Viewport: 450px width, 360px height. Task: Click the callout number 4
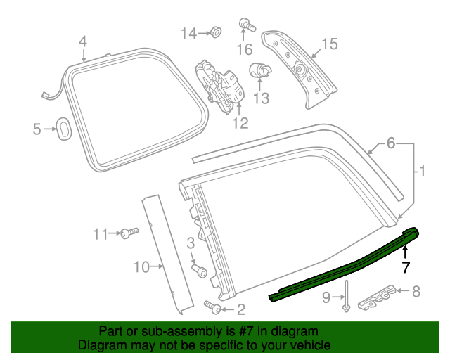coord(83,41)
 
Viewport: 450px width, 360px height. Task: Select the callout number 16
coord(245,49)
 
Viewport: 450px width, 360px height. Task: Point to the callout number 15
coord(330,44)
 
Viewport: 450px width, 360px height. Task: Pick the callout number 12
coord(240,124)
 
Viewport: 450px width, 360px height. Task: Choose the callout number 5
coord(38,129)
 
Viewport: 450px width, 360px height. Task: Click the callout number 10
coord(142,266)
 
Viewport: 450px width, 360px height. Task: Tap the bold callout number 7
coord(405,266)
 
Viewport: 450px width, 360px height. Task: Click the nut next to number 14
coord(214,32)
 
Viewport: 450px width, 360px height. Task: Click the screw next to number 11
coord(127,233)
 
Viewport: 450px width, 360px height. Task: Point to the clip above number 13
coord(259,70)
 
